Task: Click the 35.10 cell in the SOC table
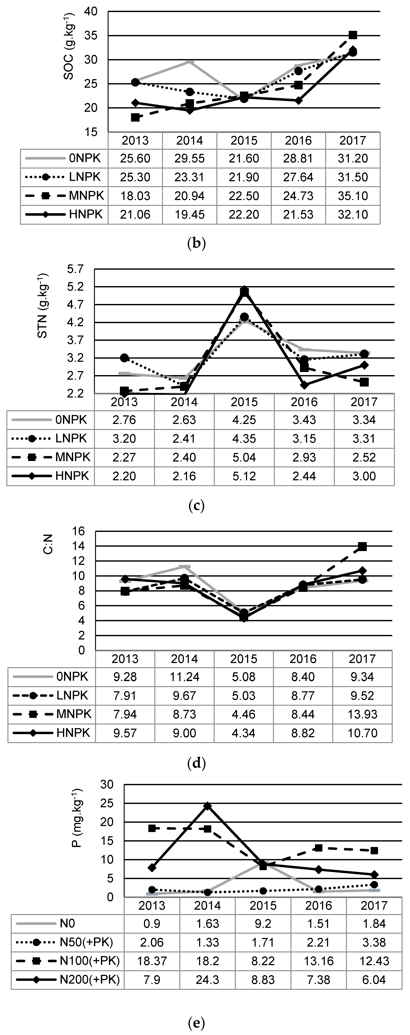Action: pos(353,196)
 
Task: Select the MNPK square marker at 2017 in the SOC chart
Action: pos(353,35)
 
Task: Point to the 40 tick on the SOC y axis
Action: pos(91,12)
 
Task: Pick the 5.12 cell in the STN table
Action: pos(244,476)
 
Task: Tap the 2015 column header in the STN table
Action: pos(244,402)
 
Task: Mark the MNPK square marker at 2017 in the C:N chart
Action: pos(362,546)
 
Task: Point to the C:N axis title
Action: pos(48,544)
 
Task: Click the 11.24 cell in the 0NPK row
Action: pos(184,677)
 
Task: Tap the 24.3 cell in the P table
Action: pos(207,980)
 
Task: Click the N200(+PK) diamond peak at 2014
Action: pos(207,806)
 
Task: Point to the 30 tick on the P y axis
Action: pos(109,784)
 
